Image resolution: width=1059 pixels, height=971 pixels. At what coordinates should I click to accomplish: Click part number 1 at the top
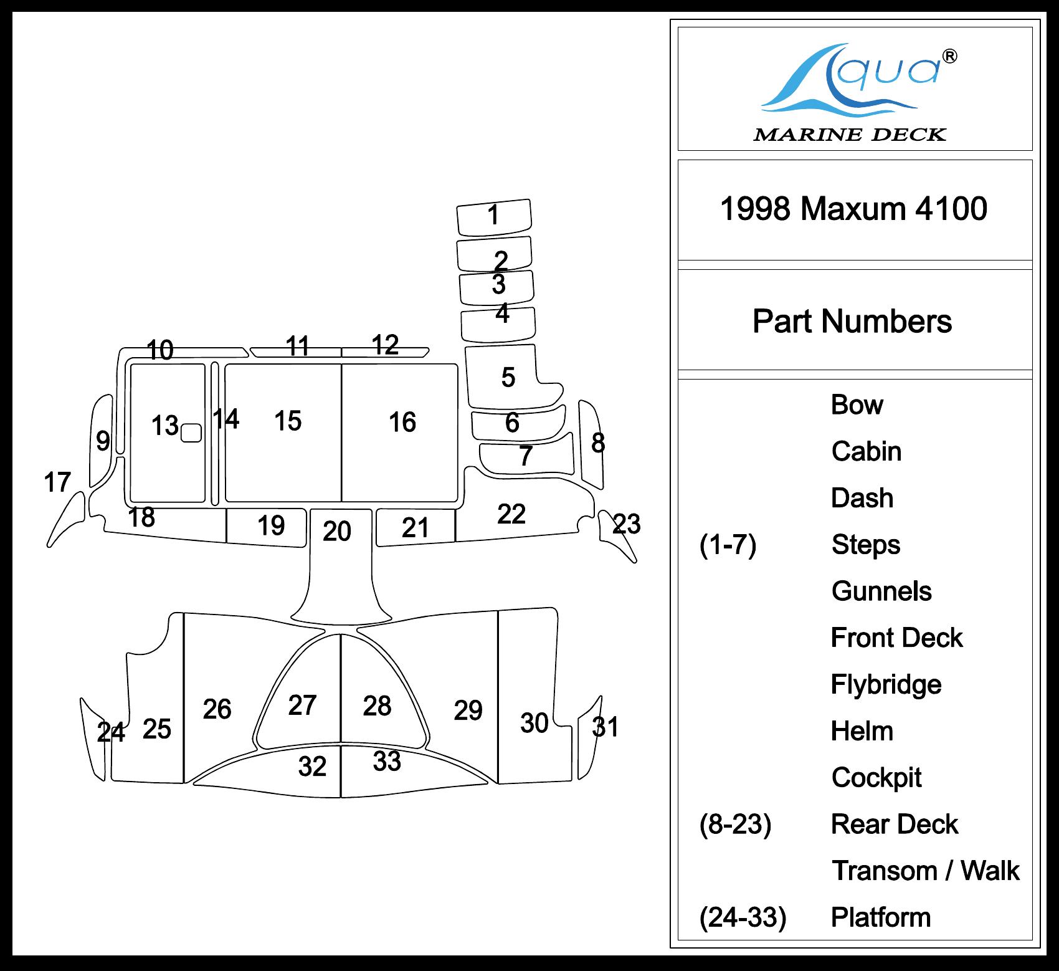tap(493, 216)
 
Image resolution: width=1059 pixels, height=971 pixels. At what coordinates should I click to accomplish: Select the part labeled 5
tap(508, 378)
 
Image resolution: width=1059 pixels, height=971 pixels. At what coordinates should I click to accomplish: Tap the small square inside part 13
tap(191, 433)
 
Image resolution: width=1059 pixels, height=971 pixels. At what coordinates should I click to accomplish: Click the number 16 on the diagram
tap(402, 423)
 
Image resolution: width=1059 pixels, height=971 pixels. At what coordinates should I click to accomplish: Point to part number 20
tap(337, 532)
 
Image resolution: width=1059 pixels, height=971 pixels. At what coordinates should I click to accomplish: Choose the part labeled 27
tap(302, 706)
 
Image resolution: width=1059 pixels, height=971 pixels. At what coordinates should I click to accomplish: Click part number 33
tap(387, 762)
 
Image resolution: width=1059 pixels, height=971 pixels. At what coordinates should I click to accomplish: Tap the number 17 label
tap(57, 482)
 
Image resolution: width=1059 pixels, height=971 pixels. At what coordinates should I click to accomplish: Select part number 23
tap(626, 524)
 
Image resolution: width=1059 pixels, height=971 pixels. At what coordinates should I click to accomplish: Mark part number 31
tap(605, 727)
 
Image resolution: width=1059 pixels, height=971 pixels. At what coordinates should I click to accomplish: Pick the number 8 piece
tap(597, 443)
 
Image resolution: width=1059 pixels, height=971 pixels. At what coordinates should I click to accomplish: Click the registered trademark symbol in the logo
tap(950, 57)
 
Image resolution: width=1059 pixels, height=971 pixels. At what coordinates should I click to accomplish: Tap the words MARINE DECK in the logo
tap(850, 135)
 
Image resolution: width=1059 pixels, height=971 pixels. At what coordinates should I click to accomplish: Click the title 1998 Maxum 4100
tap(853, 209)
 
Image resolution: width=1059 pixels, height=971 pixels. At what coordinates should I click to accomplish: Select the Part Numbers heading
tap(852, 322)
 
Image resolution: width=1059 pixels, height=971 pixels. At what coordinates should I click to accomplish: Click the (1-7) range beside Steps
tap(728, 545)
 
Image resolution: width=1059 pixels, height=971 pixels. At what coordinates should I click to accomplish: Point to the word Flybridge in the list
tap(886, 685)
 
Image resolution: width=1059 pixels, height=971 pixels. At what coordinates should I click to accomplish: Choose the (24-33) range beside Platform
tap(743, 917)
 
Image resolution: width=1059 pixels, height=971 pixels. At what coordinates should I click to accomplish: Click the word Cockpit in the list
tap(876, 778)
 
